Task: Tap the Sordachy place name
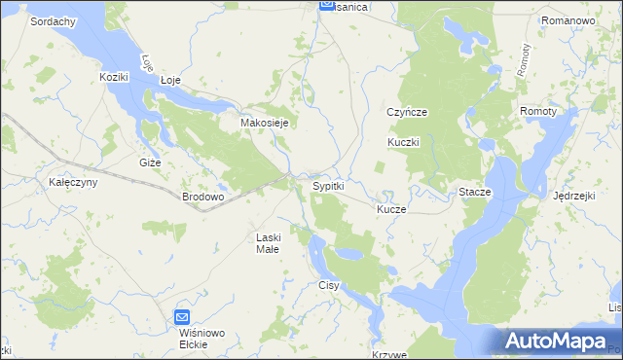coord(54,20)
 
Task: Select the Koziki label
coord(115,76)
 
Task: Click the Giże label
coord(150,162)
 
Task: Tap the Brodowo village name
coord(203,196)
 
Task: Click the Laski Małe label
coord(268,242)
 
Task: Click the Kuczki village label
coord(403,142)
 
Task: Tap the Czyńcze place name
coord(407,112)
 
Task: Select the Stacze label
coord(475,193)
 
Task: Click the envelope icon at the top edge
coord(328,6)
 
